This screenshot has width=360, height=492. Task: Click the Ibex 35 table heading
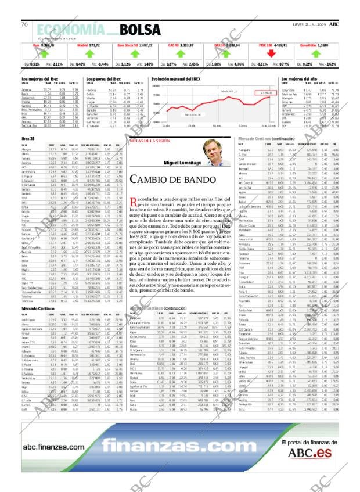(28, 138)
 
